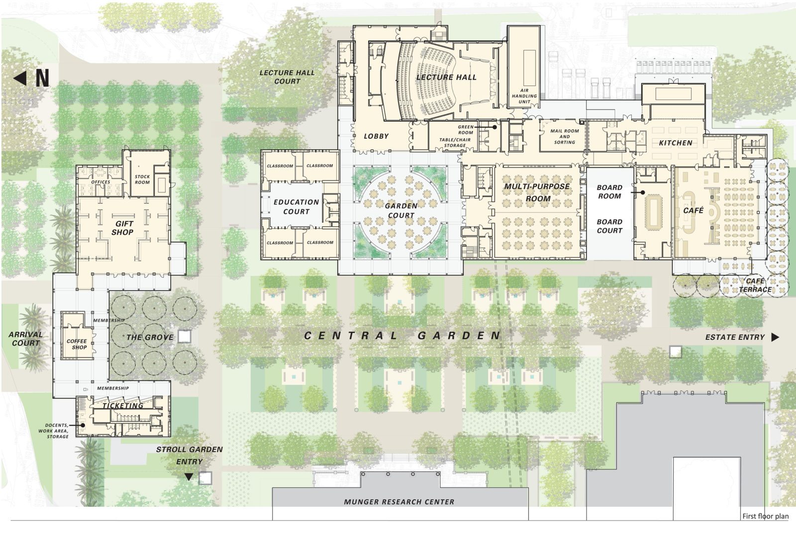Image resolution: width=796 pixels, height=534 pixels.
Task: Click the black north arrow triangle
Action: click(x=20, y=78)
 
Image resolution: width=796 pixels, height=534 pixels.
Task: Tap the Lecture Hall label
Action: click(x=446, y=77)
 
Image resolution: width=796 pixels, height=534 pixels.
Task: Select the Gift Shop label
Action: click(x=122, y=228)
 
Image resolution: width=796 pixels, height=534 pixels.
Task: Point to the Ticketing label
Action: click(x=123, y=406)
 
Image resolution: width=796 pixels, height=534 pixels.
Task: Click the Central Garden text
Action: click(x=402, y=336)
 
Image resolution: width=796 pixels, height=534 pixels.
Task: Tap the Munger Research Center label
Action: click(x=399, y=502)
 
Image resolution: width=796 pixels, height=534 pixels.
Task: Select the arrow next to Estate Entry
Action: click(x=775, y=337)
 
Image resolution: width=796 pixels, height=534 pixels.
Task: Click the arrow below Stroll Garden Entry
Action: click(x=189, y=477)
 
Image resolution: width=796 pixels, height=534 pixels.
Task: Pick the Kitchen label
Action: click(x=675, y=143)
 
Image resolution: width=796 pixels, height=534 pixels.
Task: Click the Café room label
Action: click(x=693, y=211)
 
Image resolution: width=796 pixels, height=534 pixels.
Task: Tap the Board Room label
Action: click(x=609, y=191)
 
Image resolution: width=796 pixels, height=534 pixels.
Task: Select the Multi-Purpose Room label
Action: click(x=537, y=192)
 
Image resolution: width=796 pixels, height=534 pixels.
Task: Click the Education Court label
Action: click(x=296, y=206)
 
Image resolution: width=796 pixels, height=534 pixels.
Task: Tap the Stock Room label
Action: click(x=142, y=179)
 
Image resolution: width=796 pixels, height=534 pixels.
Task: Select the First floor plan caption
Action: click(x=765, y=516)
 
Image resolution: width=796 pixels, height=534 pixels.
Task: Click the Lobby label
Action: click(x=376, y=136)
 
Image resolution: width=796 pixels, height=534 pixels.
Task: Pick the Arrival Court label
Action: click(x=26, y=339)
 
